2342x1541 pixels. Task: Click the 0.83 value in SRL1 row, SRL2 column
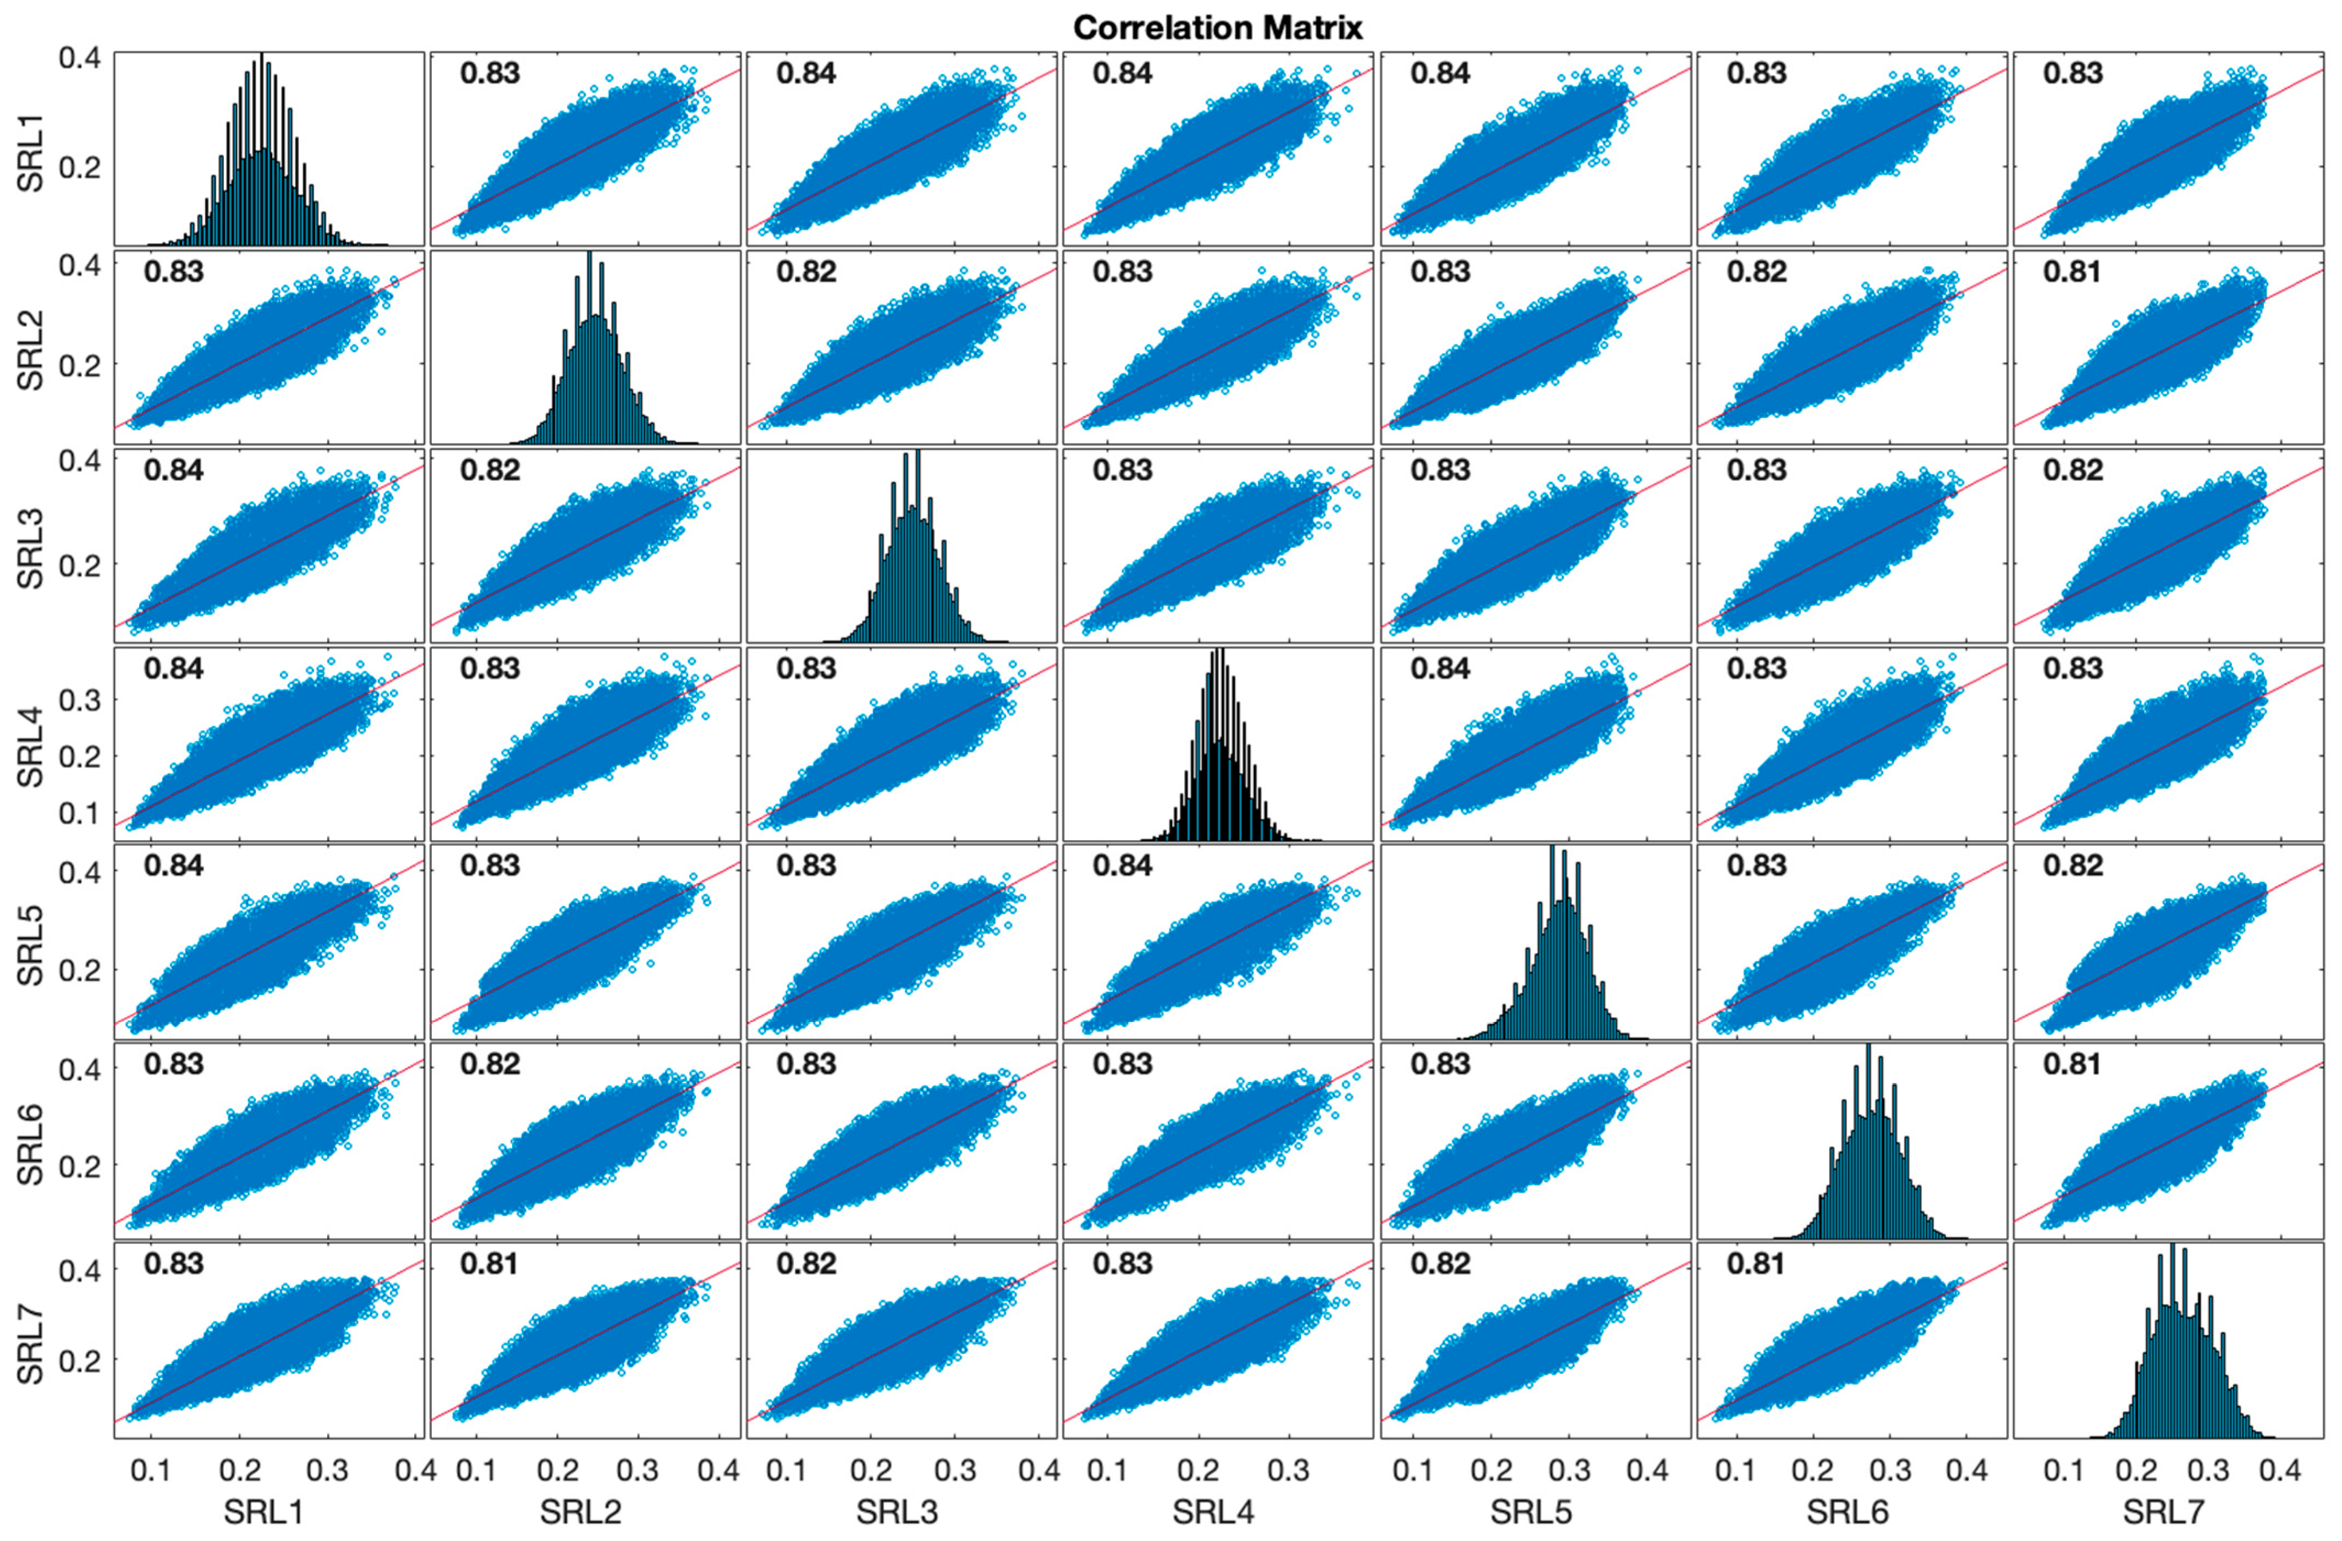(490, 74)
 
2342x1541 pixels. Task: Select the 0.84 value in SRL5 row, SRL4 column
(1123, 866)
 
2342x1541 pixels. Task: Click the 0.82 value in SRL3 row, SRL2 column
(490, 470)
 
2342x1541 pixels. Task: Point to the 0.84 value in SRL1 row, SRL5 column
(1439, 74)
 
